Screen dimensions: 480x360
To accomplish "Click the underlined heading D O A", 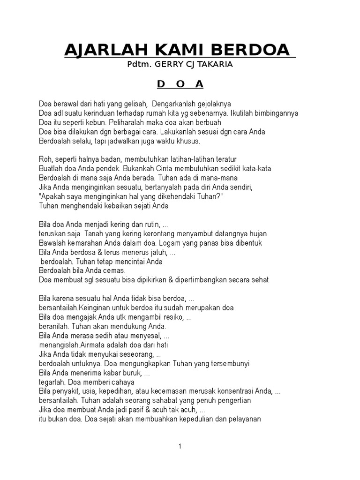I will (180, 84).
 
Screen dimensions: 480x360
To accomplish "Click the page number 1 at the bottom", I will (180, 446).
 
